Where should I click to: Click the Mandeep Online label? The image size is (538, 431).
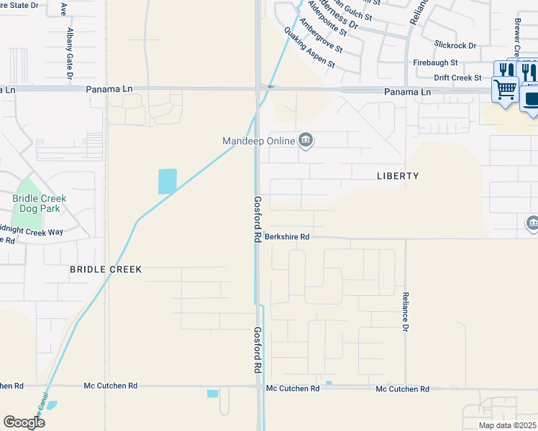pyautogui.click(x=259, y=141)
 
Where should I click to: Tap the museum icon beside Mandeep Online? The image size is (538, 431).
pyautogui.click(x=306, y=139)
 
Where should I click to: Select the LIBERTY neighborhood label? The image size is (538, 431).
pyautogui.click(x=397, y=176)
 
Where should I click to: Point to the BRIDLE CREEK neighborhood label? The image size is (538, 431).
pyautogui.click(x=106, y=269)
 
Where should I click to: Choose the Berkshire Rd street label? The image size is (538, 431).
pyautogui.click(x=286, y=236)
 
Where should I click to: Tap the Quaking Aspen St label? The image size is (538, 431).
pyautogui.click(x=309, y=48)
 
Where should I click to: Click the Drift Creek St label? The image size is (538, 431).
pyautogui.click(x=457, y=78)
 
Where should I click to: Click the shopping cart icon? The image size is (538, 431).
pyautogui.click(x=506, y=91)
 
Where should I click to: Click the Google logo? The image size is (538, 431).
pyautogui.click(x=24, y=422)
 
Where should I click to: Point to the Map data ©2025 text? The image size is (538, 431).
pyautogui.click(x=507, y=425)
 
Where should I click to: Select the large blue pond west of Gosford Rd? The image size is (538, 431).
pyautogui.click(x=167, y=181)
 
